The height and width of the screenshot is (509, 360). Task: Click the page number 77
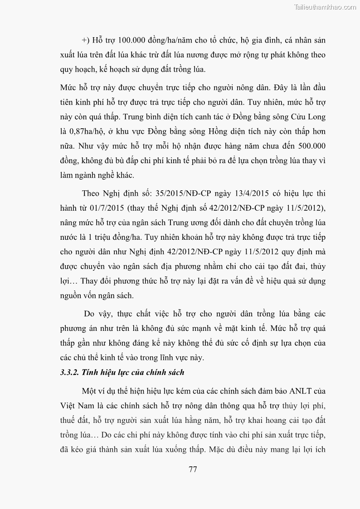point(193,469)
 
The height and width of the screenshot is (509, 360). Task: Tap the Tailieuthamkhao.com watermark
point(325,7)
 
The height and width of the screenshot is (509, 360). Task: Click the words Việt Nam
point(75,406)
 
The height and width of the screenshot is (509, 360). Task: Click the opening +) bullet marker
point(86,40)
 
